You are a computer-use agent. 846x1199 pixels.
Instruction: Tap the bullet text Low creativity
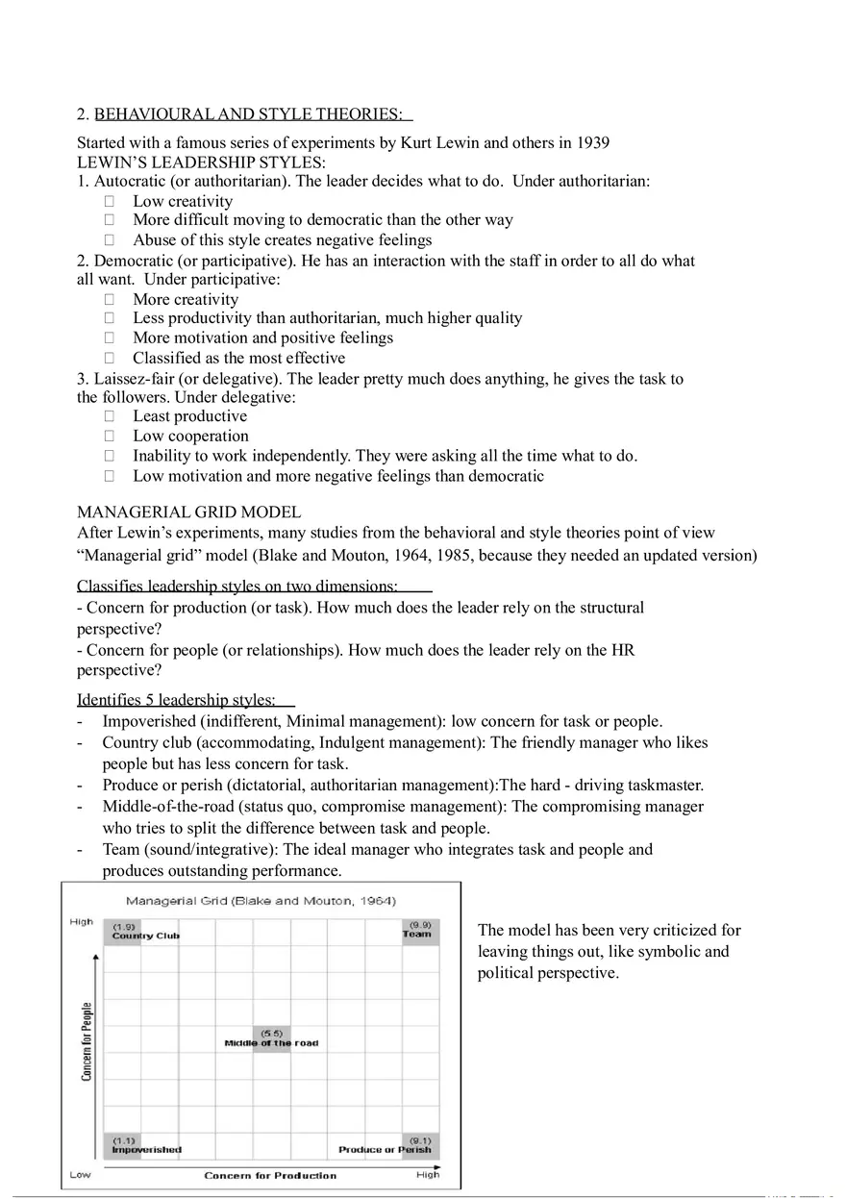(183, 201)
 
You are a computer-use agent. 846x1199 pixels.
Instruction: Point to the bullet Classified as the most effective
(238, 358)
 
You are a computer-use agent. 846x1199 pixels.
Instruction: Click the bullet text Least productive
(189, 416)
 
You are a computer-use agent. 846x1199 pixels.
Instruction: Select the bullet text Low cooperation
(190, 436)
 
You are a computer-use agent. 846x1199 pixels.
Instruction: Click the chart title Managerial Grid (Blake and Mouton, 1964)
(261, 901)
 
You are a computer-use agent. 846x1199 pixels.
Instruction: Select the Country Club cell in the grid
(123, 932)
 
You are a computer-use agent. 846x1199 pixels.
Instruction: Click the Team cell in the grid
(418, 931)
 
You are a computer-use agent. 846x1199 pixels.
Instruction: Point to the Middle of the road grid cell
(271, 1039)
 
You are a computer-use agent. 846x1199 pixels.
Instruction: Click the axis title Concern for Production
(270, 1175)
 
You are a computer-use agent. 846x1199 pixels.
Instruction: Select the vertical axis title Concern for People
(87, 1041)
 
